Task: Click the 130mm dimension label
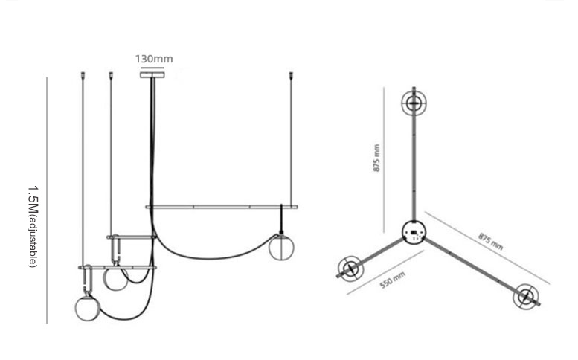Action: tap(154, 59)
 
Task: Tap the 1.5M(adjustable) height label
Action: tap(33, 227)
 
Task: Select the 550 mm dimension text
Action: tap(392, 280)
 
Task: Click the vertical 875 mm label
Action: tap(376, 158)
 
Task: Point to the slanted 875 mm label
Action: tap(491, 241)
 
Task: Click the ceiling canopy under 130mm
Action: tap(152, 75)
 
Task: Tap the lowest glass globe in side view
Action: tap(87, 308)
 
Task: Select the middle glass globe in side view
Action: tap(116, 279)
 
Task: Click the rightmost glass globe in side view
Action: tap(281, 248)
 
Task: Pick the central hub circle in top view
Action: tap(413, 232)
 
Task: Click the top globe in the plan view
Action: tap(414, 103)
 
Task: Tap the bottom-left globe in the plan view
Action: tap(350, 269)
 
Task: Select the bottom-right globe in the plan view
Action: tap(526, 297)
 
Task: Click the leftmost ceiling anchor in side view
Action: tap(83, 75)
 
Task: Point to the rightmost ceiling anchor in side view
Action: tap(291, 75)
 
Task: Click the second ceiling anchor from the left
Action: tap(111, 75)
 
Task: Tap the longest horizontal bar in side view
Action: tap(222, 207)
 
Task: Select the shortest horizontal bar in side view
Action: tap(132, 237)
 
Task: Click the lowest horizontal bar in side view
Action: tap(118, 268)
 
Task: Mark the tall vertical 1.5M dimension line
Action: tap(47, 200)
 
